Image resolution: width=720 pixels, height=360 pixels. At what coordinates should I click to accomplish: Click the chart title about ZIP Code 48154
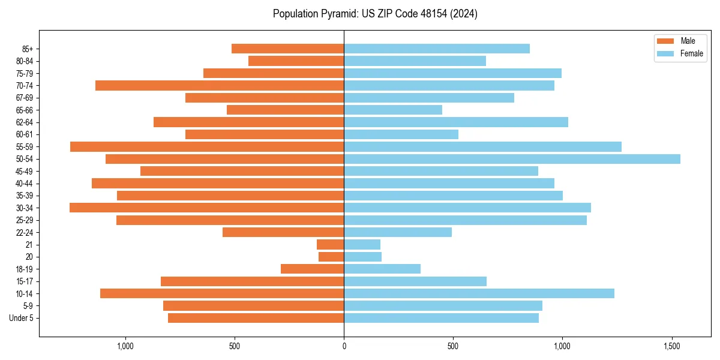(x=375, y=14)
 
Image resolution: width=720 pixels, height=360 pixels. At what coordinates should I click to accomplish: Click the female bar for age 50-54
(x=512, y=159)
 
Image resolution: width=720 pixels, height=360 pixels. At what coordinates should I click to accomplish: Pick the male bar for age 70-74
(x=220, y=86)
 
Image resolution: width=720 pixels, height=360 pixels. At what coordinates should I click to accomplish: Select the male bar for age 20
(x=331, y=257)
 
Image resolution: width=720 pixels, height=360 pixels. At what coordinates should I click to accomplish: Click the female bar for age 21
(x=362, y=245)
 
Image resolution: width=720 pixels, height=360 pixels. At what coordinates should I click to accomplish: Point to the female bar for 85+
(x=437, y=49)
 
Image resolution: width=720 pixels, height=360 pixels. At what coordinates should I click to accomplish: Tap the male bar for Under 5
(x=256, y=318)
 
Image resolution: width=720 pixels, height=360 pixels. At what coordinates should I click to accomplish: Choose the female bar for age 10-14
(x=479, y=293)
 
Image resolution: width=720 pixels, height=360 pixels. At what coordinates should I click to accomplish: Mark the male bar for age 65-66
(x=285, y=110)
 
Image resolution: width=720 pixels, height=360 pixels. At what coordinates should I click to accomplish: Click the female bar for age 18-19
(x=382, y=269)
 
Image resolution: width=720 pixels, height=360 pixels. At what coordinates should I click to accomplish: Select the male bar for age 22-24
(x=283, y=232)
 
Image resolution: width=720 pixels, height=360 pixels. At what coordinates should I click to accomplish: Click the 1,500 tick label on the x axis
(x=671, y=346)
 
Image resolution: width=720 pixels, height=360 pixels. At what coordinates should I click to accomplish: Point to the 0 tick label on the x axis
(x=344, y=346)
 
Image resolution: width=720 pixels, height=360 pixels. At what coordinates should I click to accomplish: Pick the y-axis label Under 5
(x=21, y=318)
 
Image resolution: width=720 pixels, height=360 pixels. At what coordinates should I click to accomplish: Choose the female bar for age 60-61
(x=401, y=134)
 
